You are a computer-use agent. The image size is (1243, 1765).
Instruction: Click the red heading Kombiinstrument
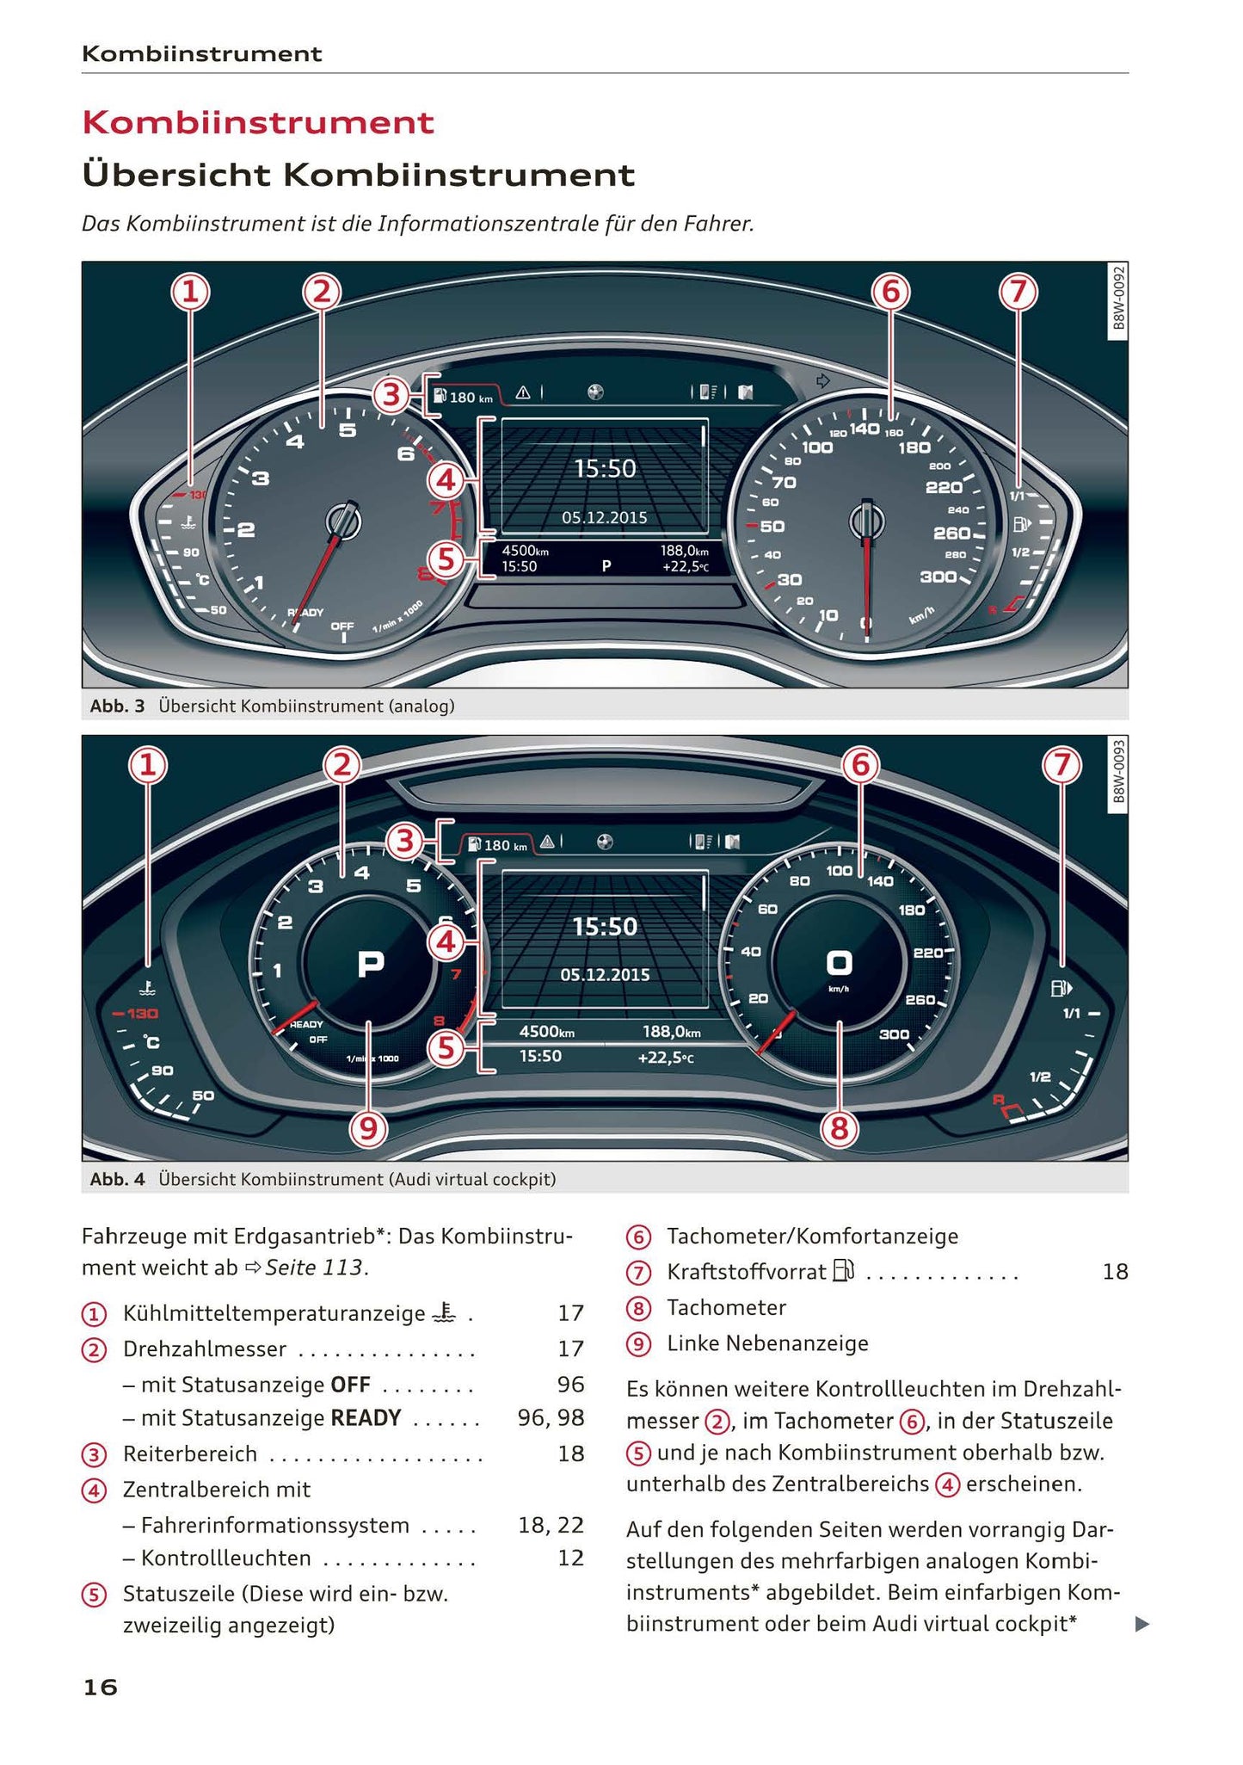click(258, 122)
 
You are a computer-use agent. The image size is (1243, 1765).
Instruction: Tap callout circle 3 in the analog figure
click(391, 396)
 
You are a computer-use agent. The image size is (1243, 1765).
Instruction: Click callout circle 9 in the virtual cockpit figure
click(368, 1128)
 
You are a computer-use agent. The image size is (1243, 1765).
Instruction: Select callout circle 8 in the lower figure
click(839, 1128)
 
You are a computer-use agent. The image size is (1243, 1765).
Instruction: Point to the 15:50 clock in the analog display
click(605, 469)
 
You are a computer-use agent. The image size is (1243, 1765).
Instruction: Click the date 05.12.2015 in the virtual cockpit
click(605, 975)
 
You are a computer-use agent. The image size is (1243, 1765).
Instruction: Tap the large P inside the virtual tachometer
click(370, 965)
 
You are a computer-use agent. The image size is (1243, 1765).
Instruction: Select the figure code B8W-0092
click(1117, 299)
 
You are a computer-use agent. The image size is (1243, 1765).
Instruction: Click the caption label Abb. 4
click(117, 1179)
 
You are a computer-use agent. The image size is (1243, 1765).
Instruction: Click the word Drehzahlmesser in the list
click(205, 1348)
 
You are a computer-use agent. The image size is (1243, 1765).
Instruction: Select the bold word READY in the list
click(366, 1418)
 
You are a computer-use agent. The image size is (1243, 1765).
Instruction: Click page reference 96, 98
click(551, 1418)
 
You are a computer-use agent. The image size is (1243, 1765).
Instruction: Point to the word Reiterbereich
click(190, 1454)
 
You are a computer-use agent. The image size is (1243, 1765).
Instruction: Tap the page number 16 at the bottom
click(100, 1688)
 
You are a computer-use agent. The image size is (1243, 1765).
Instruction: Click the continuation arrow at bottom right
click(1141, 1625)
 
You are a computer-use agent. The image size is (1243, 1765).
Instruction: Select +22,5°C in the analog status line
click(685, 567)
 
